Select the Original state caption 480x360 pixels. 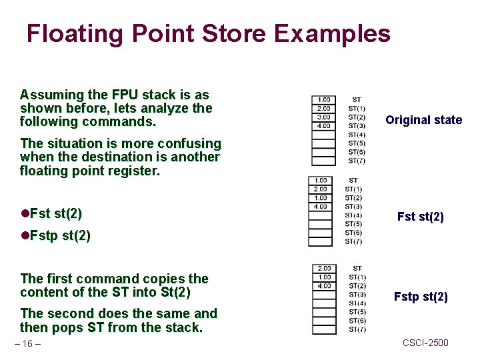point(423,120)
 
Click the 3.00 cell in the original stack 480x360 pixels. point(323,117)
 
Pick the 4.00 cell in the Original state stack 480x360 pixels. point(323,126)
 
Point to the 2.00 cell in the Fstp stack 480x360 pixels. point(324,269)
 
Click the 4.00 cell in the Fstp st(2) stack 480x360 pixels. point(324,286)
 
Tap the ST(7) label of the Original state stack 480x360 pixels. point(357,161)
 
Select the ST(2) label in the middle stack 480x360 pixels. point(353,198)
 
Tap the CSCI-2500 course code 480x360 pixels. point(425,343)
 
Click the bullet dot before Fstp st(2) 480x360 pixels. point(25,236)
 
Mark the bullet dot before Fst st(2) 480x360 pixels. point(25,214)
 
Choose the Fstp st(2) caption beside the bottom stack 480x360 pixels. point(421,297)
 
